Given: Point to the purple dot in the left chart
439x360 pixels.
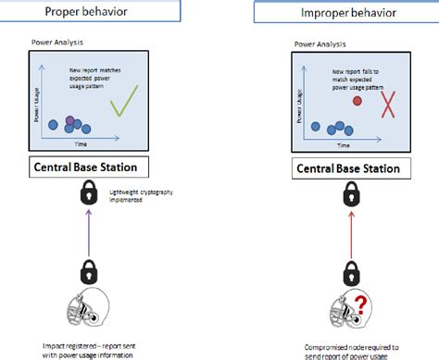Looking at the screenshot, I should [x=69, y=120].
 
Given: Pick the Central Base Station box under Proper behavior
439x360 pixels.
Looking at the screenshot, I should [x=86, y=168].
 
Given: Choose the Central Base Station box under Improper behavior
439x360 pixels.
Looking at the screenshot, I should [x=349, y=169].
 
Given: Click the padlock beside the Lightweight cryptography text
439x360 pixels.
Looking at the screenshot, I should [x=88, y=194].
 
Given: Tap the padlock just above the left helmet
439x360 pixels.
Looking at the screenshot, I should [x=87, y=272].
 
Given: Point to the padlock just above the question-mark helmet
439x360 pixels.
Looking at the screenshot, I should [x=350, y=275].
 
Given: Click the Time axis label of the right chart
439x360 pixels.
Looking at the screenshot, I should [x=344, y=146].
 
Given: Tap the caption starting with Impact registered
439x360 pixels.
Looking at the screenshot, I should [x=86, y=348].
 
